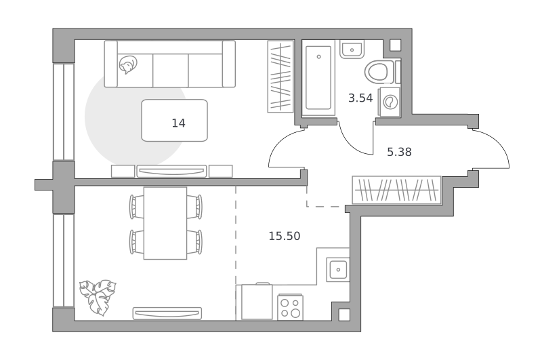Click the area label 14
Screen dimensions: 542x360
178,123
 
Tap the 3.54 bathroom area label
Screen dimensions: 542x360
360,98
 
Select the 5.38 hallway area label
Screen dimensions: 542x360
399,152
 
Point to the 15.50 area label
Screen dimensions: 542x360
285,236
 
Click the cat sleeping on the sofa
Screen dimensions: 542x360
127,65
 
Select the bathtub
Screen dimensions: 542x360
318,77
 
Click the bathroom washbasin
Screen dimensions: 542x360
352,49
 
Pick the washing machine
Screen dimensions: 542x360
390,102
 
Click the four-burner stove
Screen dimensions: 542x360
291,307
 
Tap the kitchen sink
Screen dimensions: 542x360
338,270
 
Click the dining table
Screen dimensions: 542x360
165,223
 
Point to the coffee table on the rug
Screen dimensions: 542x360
175,121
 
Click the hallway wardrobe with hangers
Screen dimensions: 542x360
396,190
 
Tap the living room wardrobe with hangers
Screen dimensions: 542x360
280,77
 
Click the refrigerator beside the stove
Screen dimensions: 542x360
257,302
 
